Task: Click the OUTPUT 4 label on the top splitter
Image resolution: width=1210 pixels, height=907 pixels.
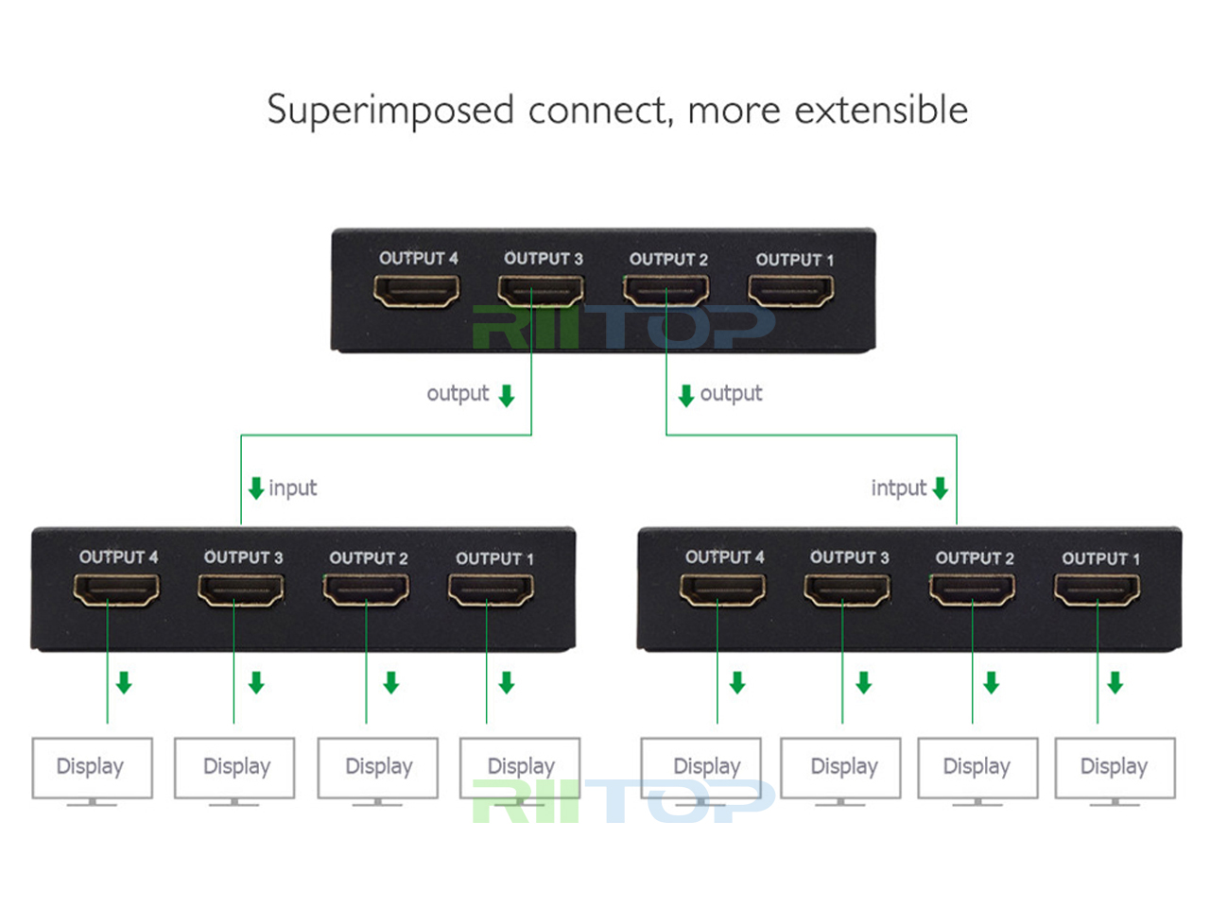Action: tap(418, 258)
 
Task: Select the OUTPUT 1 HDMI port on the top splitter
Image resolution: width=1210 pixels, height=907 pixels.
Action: tap(791, 291)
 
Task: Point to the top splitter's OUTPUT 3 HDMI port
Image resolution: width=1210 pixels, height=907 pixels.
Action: tap(541, 291)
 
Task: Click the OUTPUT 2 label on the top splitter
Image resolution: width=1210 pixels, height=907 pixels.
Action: tap(668, 259)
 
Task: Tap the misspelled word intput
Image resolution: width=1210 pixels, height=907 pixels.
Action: tap(898, 488)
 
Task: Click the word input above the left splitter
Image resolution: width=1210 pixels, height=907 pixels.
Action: tap(293, 488)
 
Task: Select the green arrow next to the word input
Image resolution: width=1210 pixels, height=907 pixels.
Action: tap(255, 488)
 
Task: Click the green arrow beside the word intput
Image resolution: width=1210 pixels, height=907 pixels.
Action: tap(940, 488)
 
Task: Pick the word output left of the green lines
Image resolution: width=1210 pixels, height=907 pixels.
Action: tap(458, 393)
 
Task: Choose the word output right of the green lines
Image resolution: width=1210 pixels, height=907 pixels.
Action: tap(731, 393)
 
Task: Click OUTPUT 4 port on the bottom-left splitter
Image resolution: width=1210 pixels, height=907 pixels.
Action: tap(116, 590)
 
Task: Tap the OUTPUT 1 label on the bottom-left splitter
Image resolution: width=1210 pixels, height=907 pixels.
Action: tap(494, 558)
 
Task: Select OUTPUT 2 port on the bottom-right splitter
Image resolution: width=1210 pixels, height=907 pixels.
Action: tap(972, 590)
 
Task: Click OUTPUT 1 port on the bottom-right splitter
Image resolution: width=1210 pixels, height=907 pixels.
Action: tap(1097, 590)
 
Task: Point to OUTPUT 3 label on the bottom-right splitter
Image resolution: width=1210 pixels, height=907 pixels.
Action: tap(849, 557)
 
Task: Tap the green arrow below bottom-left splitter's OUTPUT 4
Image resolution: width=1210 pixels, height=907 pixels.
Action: tap(124, 682)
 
